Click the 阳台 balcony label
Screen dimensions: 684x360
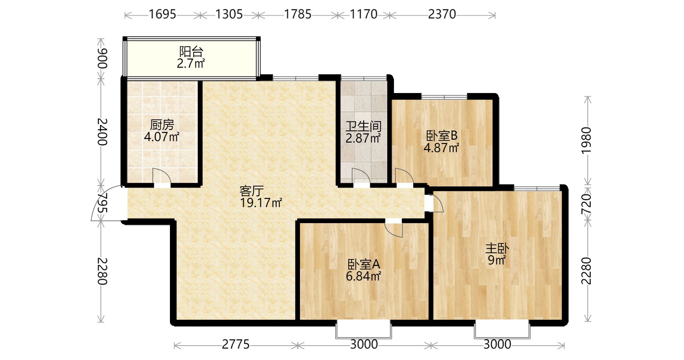coord(191,52)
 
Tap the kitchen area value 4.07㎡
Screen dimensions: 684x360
coord(161,137)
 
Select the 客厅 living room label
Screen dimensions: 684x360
coord(252,191)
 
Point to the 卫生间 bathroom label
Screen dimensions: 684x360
coord(363,126)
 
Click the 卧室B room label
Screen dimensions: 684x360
coord(442,136)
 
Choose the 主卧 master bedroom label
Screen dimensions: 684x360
coord(497,248)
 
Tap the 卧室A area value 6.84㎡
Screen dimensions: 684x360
coord(363,276)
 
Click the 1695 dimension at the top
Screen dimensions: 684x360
coord(162,14)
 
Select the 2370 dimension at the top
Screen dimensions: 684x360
coord(442,14)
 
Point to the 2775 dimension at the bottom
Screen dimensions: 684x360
coord(236,344)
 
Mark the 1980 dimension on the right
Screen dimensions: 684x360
coord(586,140)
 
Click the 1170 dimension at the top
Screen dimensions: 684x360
coord(363,14)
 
